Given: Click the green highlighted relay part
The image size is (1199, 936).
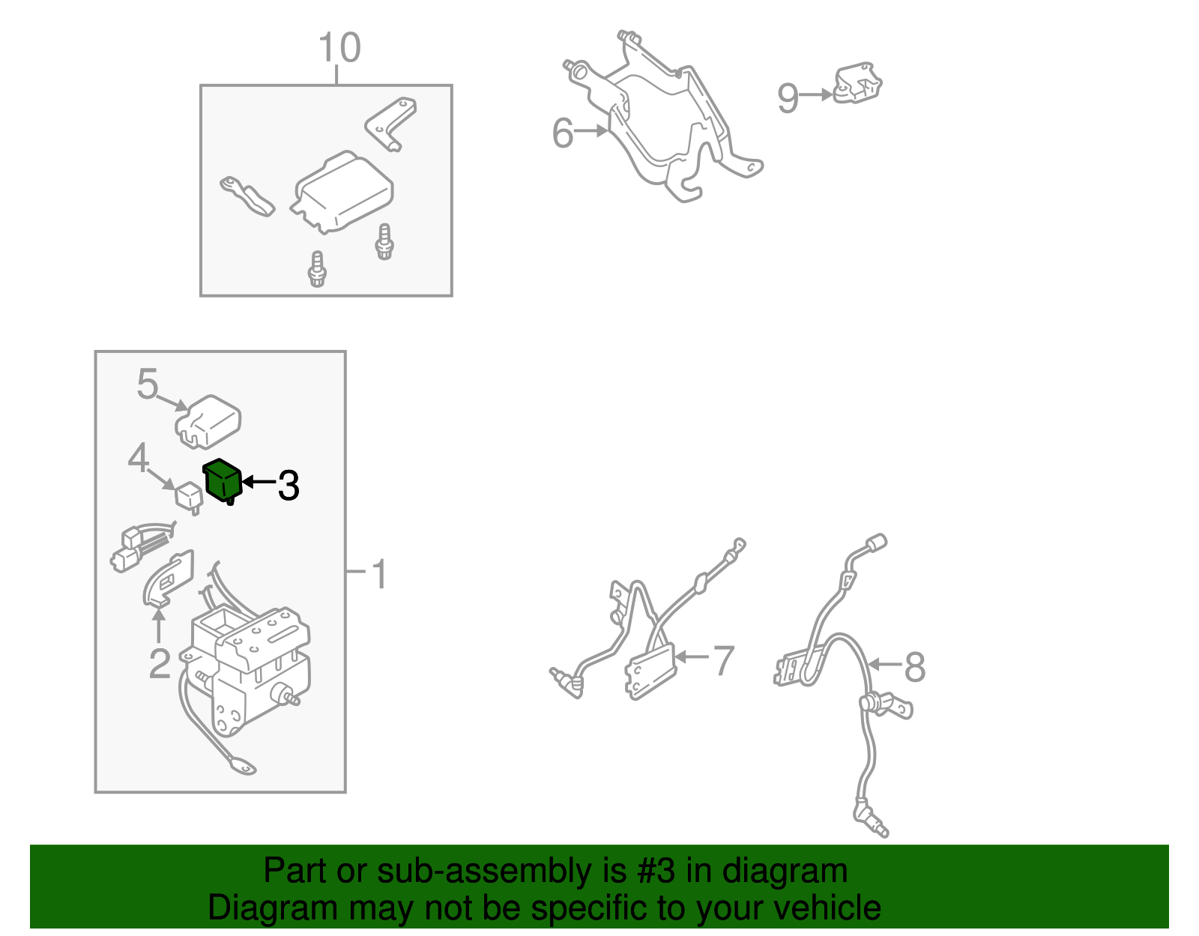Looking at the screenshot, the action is [x=223, y=481].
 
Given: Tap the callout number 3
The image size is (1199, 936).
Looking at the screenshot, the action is [x=289, y=486].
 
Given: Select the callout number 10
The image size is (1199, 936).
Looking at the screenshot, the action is [x=339, y=47].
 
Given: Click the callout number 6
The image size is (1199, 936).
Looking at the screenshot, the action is [x=563, y=133].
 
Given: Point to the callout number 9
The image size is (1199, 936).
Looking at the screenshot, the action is [x=788, y=97].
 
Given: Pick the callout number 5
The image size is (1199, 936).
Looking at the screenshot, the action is [x=148, y=384].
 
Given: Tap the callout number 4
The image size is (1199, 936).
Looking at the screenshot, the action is [x=138, y=457].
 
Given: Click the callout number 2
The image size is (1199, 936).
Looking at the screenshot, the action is [x=160, y=663].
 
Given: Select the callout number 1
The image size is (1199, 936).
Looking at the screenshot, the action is [x=380, y=573].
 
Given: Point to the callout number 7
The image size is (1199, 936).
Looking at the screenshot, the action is [x=724, y=660].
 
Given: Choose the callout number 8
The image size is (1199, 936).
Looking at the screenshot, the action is [x=915, y=666].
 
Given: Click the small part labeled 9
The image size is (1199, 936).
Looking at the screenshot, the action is [x=857, y=83].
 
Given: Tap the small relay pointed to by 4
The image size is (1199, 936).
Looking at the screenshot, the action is [x=188, y=497].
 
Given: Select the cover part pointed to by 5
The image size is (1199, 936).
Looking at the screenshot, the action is [x=208, y=421].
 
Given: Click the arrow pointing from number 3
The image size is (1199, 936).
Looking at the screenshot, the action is [x=259, y=482].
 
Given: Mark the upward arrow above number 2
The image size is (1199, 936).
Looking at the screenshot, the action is [x=159, y=626].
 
